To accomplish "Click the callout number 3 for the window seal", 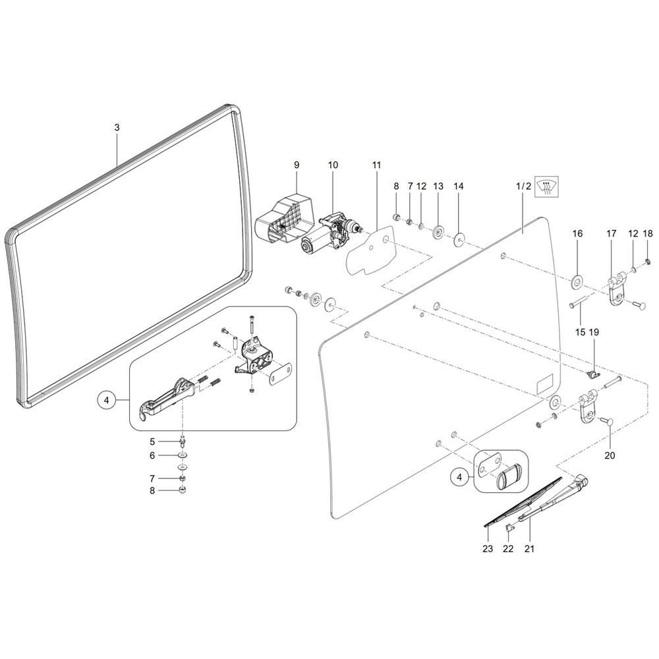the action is (117, 128).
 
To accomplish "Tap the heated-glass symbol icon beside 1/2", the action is (546, 186).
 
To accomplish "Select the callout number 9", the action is (297, 164).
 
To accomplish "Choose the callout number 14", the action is (459, 187).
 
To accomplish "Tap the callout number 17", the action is (612, 233).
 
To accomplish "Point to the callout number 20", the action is (609, 455).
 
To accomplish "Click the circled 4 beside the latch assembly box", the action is (105, 399).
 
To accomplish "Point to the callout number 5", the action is (152, 442).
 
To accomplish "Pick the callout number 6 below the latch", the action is (152, 455).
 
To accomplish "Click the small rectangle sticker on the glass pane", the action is (545, 383).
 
